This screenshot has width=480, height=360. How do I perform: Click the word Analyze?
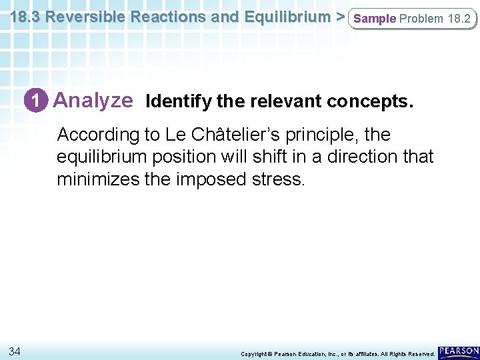[x=93, y=101]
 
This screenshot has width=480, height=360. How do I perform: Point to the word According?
[x=96, y=135]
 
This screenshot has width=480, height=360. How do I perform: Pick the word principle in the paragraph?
[x=315, y=135]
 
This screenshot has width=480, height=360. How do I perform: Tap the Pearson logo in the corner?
[x=458, y=351]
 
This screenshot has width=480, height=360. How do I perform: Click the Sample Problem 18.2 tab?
[x=413, y=19]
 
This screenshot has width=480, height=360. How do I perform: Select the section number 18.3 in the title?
[x=24, y=17]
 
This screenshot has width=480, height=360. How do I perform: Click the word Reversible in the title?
[x=88, y=17]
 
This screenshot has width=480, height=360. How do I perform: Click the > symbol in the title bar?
[x=339, y=17]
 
